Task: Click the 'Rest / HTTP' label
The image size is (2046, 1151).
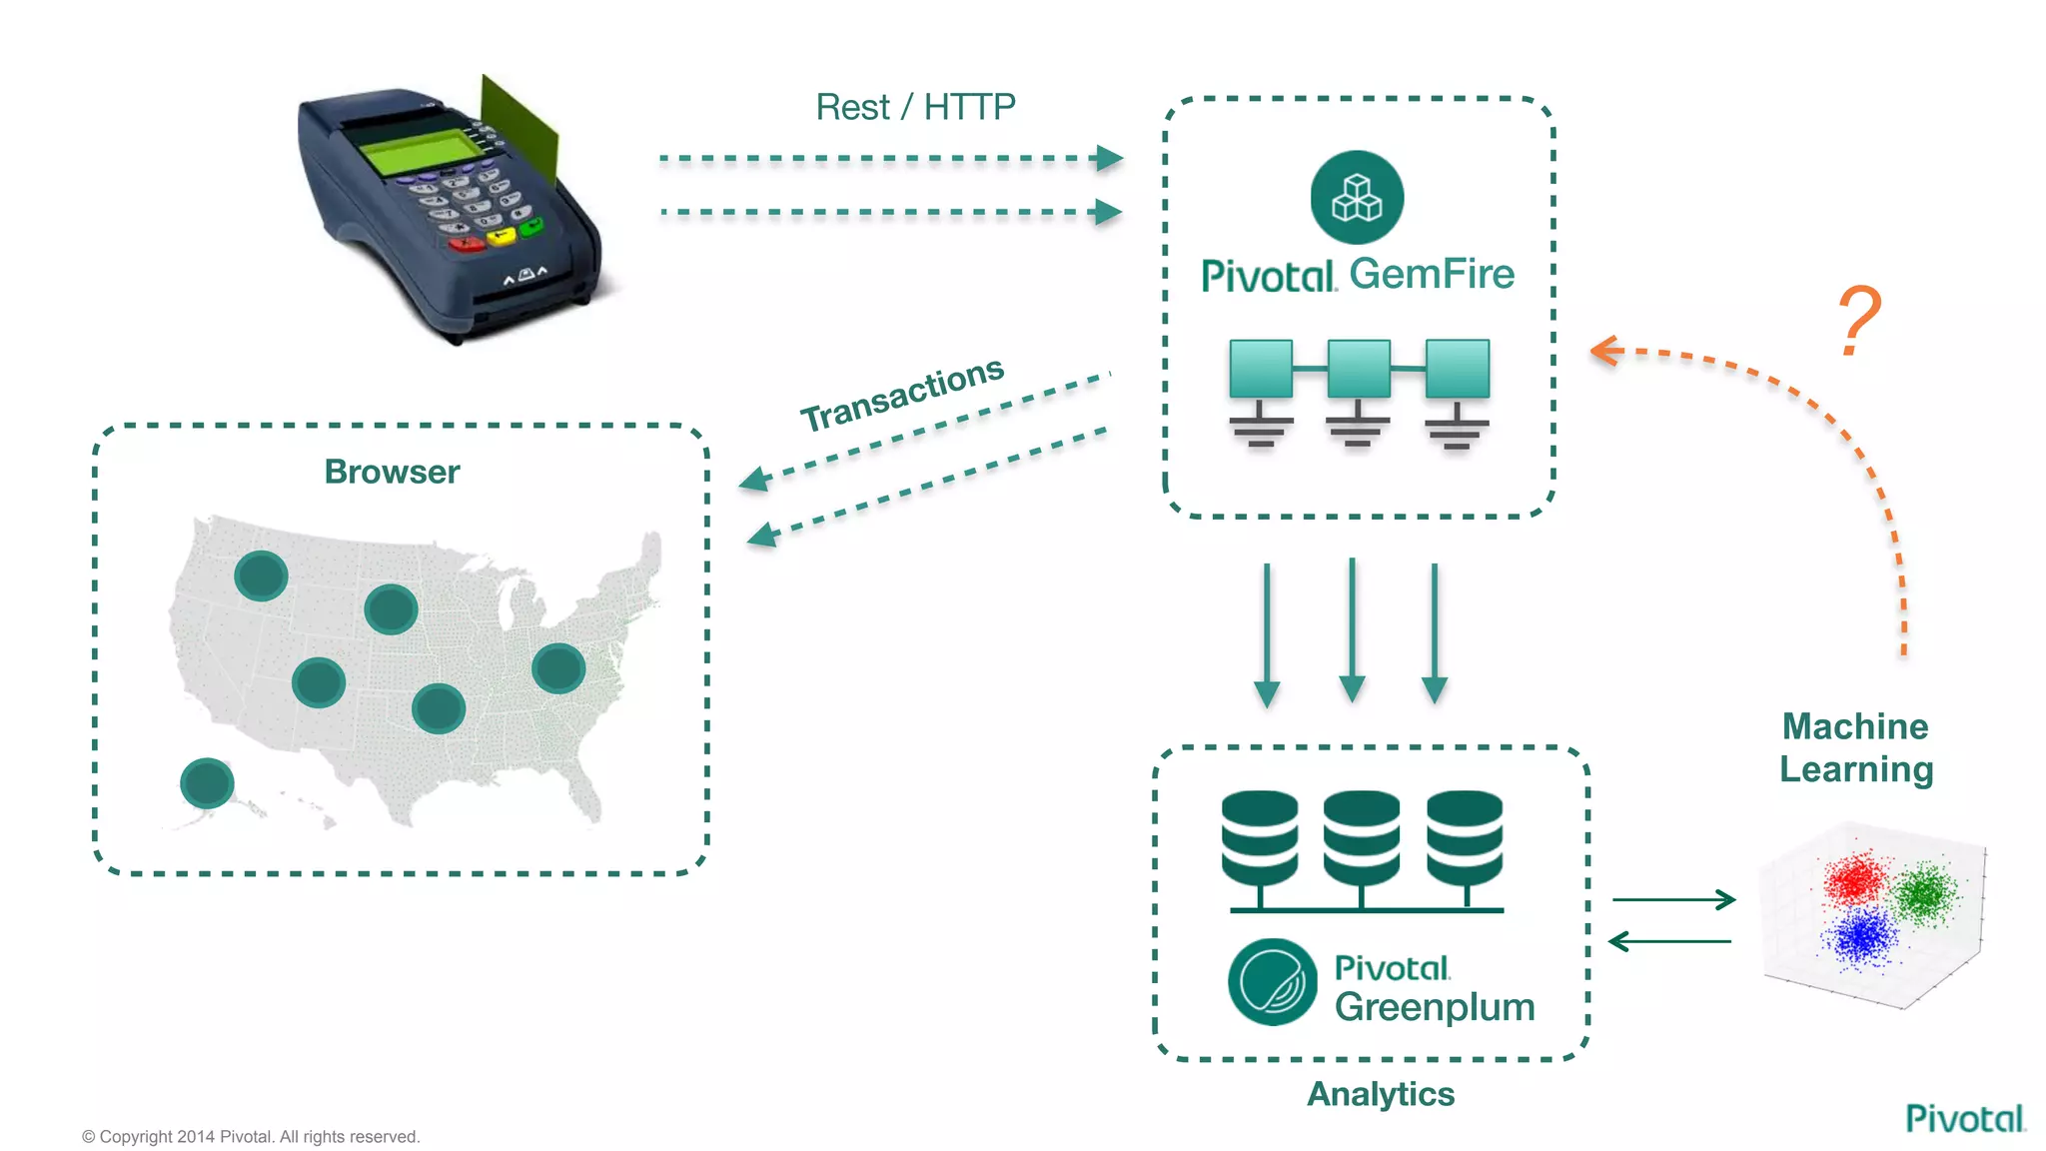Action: [915, 107]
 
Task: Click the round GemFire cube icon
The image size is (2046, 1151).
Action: [1357, 197]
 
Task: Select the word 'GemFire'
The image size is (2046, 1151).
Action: [1431, 274]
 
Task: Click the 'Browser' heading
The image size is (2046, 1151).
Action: [392, 472]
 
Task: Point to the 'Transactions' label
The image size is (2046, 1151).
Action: [901, 394]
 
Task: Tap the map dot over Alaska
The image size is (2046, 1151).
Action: [207, 783]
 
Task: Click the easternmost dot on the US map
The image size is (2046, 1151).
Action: [557, 668]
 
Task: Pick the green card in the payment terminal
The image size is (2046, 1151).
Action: [518, 130]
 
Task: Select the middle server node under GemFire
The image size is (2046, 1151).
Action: [1358, 369]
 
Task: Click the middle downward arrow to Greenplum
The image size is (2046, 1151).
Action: [1352, 629]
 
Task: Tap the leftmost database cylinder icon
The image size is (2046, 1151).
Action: [1260, 837]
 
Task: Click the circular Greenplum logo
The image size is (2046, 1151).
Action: [1272, 982]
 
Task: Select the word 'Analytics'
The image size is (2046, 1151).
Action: [1380, 1094]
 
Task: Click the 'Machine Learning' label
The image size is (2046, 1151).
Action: [1855, 747]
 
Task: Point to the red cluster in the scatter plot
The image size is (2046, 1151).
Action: [1855, 878]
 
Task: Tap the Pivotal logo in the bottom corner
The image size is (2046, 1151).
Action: [1964, 1118]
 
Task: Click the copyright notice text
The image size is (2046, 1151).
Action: [251, 1136]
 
